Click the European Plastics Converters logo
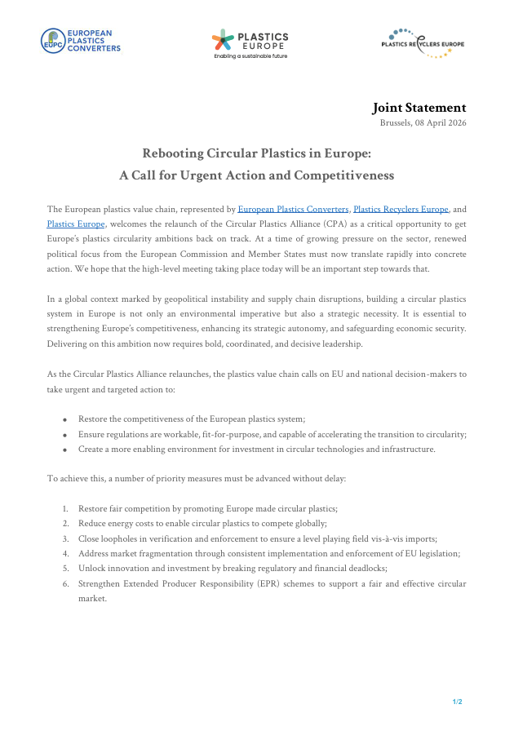pos(81,40)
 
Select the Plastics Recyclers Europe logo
pos(423,43)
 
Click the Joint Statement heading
pos(419,108)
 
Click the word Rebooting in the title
pos(174,153)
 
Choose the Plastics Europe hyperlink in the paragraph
pos(76,224)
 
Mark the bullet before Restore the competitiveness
pos(64,419)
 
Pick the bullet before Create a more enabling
pos(64,450)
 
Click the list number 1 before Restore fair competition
pos(65,508)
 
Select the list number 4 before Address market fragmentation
pos(65,553)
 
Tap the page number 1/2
pos(458,702)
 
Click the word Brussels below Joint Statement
pos(397,122)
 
